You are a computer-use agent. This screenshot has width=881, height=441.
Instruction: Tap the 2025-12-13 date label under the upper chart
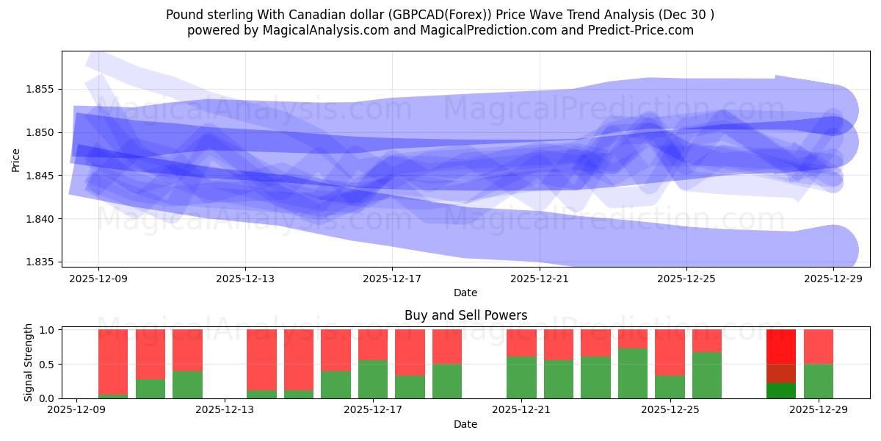pos(245,279)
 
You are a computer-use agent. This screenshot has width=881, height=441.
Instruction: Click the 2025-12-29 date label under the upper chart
pos(833,279)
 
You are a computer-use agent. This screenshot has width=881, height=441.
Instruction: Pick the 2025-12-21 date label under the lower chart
pos(521,409)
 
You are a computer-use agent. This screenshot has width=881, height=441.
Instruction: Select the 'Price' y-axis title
pos(16,159)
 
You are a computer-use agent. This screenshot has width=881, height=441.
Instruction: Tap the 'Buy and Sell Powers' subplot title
pos(465,315)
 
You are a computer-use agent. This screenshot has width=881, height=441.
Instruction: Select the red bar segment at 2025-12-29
pos(818,346)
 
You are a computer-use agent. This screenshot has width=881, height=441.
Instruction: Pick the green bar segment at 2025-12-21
pos(521,377)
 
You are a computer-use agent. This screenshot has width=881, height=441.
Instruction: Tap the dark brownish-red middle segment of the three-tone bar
pos(781,373)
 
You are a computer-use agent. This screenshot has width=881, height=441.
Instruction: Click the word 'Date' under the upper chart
pos(465,293)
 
